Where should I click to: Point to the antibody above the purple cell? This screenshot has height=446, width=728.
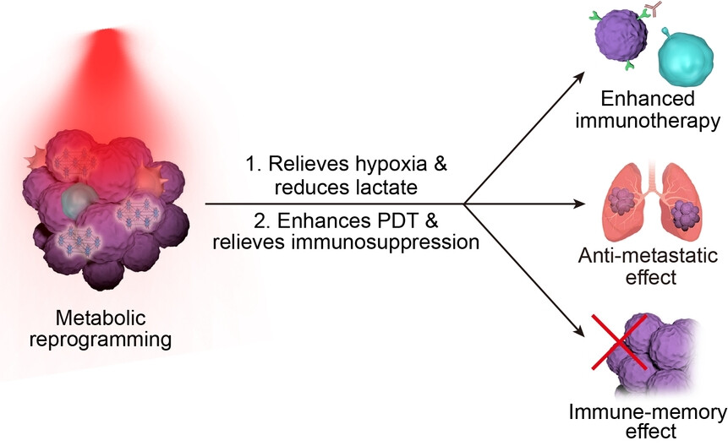[x=652, y=9]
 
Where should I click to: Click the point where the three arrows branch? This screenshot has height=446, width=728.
[x=463, y=204]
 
